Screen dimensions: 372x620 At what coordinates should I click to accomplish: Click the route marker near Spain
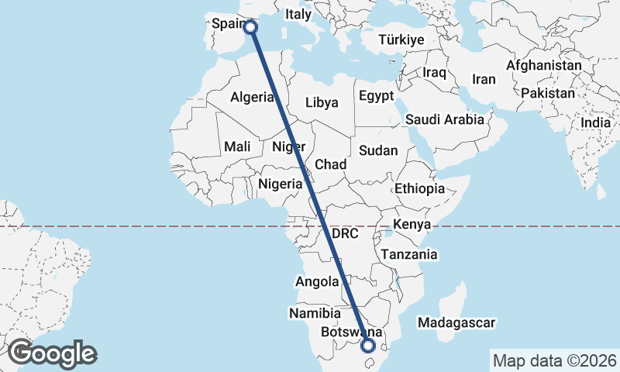pos(250,27)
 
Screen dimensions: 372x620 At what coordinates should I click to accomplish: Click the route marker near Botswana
pos(368,346)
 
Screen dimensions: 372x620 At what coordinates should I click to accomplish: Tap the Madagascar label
pos(456,322)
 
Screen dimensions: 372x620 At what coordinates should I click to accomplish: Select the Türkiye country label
pos(401,40)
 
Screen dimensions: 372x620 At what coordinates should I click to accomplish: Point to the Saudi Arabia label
pos(444,119)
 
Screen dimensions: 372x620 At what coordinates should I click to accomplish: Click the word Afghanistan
pos(543,66)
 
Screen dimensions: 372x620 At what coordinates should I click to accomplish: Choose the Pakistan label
pos(548,93)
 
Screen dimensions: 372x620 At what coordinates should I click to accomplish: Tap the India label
pos(596,122)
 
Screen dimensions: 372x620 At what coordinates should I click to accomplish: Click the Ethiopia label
pos(419,188)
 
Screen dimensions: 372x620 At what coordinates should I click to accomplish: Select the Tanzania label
pos(408,254)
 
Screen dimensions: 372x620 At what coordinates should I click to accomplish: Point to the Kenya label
pos(412,225)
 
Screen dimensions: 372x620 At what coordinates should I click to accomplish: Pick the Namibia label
pos(315,314)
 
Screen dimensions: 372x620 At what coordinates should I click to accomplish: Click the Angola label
pos(317,282)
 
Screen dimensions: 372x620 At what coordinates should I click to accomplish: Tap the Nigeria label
pos(280,184)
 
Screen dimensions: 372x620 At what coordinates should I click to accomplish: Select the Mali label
pos(236,146)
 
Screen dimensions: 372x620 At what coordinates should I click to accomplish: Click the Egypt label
pos(377,96)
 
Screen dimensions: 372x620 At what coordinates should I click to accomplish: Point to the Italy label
pos(298,14)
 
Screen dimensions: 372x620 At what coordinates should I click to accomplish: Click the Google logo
pos(52,353)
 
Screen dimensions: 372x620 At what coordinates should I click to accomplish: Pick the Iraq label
pos(435,72)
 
